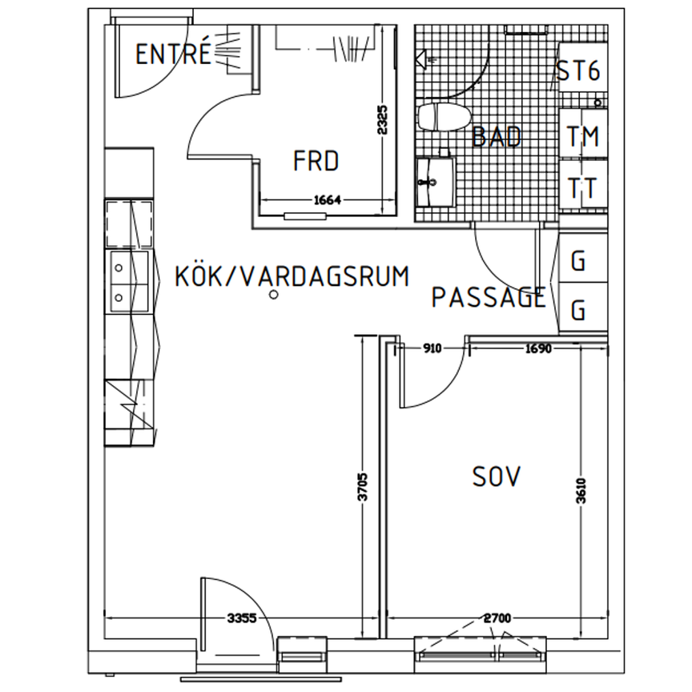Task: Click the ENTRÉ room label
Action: [173, 54]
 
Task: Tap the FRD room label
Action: [316, 162]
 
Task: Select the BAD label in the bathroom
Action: [496, 136]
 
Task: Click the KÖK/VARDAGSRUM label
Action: [292, 276]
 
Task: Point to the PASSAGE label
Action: [489, 298]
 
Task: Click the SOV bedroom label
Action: [497, 477]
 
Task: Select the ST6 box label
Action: [578, 72]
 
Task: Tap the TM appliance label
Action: [582, 138]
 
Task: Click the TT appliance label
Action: [582, 189]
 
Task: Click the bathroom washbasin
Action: [434, 182]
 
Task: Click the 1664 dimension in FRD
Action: [326, 201]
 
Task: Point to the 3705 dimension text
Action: [362, 487]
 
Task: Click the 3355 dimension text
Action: [242, 618]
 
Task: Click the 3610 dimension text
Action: [582, 492]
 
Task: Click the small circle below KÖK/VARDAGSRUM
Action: [274, 296]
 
